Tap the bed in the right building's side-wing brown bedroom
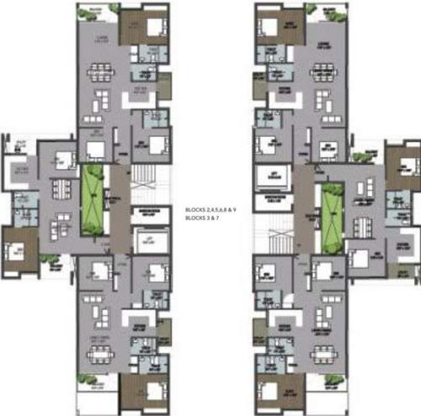402,159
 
